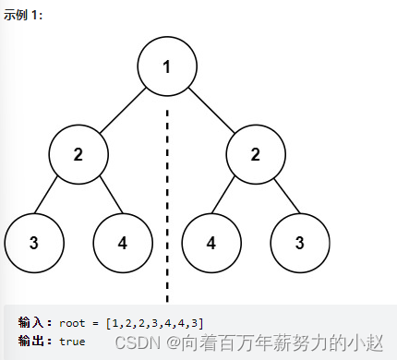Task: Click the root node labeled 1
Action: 167,66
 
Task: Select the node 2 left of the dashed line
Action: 78,154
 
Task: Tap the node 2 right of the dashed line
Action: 256,154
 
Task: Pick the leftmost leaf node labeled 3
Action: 34,243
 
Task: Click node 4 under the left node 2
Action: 123,243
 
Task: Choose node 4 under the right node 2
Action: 211,243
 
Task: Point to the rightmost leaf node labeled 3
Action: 300,243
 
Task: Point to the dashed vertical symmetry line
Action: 167,203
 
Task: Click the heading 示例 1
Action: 23,16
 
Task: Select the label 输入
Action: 35,323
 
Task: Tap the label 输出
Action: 35,342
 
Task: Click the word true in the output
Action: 72,342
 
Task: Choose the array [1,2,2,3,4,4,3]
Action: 154,323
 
